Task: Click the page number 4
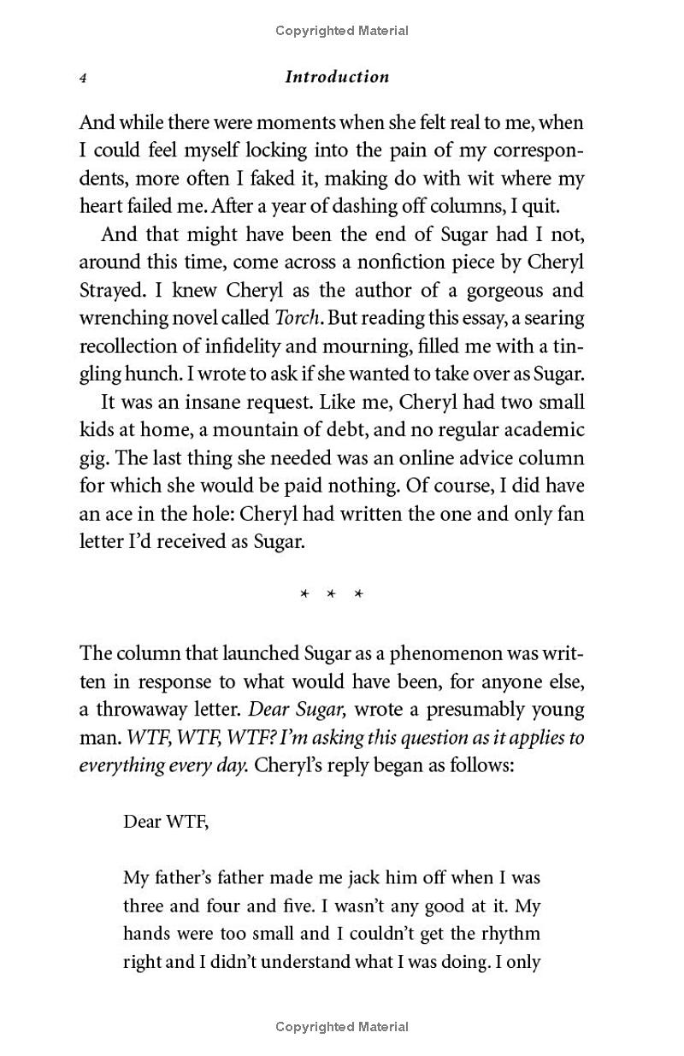point(83,78)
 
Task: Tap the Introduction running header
point(337,77)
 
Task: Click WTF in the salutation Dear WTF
point(188,822)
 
